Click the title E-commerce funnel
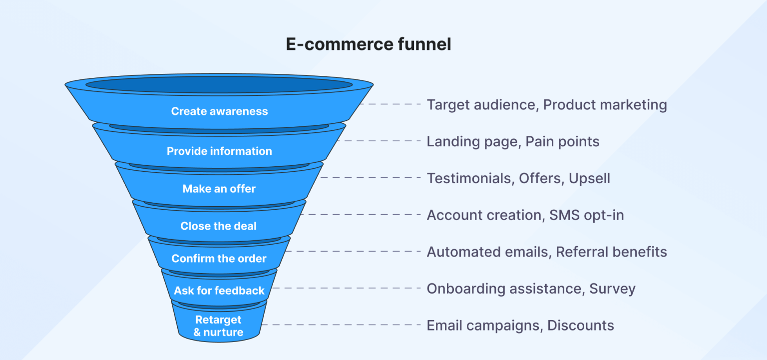point(369,44)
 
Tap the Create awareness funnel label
point(219,111)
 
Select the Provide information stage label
point(219,151)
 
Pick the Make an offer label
point(219,189)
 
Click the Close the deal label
point(219,226)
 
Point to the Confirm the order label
point(219,259)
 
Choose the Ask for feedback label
point(219,291)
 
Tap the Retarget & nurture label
point(219,326)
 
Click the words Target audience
point(481,105)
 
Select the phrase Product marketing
point(605,105)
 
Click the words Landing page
point(471,142)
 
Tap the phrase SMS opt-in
point(587,215)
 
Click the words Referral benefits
point(611,252)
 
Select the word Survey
point(612,289)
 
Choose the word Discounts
point(580,326)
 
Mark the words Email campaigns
point(483,326)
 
